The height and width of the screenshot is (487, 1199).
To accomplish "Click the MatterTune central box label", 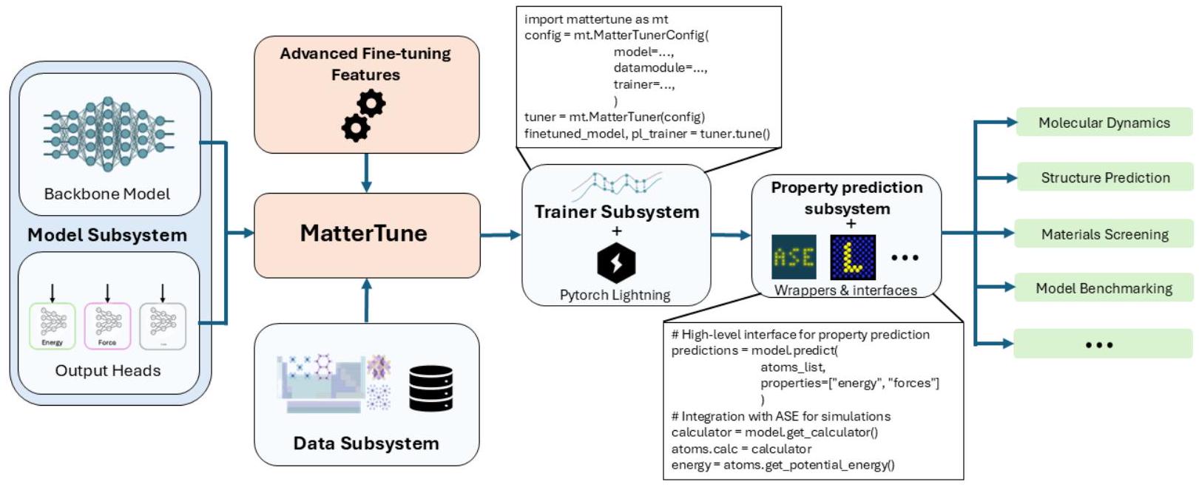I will coord(364,234).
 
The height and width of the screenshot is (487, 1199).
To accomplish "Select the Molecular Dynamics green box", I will coord(1104,123).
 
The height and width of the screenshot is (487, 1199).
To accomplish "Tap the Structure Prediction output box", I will coord(1105,177).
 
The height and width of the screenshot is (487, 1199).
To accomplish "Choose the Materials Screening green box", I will coord(1104,234).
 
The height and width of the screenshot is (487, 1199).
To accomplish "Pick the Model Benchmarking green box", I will coord(1104,288).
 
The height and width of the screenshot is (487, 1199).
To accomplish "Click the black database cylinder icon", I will coord(430,388).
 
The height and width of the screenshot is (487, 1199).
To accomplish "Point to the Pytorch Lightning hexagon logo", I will coord(616,263).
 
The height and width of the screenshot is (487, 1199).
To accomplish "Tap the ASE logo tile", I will coord(794,257).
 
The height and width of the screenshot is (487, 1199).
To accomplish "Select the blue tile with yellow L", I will coord(853,257).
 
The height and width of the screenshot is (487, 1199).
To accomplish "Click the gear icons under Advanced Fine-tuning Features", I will coord(363,116).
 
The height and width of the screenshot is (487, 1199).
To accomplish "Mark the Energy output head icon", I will coord(52,325).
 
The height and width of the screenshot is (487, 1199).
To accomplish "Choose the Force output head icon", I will coord(107,325).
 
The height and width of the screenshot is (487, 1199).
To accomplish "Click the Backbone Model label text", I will coord(107,194).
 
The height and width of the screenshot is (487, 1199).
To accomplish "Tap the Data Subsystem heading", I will coord(366,443).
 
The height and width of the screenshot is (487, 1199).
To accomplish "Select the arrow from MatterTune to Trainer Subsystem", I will coord(501,235).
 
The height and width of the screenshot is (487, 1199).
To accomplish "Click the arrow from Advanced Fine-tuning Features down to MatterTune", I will coord(366,173).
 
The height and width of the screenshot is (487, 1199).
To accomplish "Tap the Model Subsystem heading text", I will coord(107,235).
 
